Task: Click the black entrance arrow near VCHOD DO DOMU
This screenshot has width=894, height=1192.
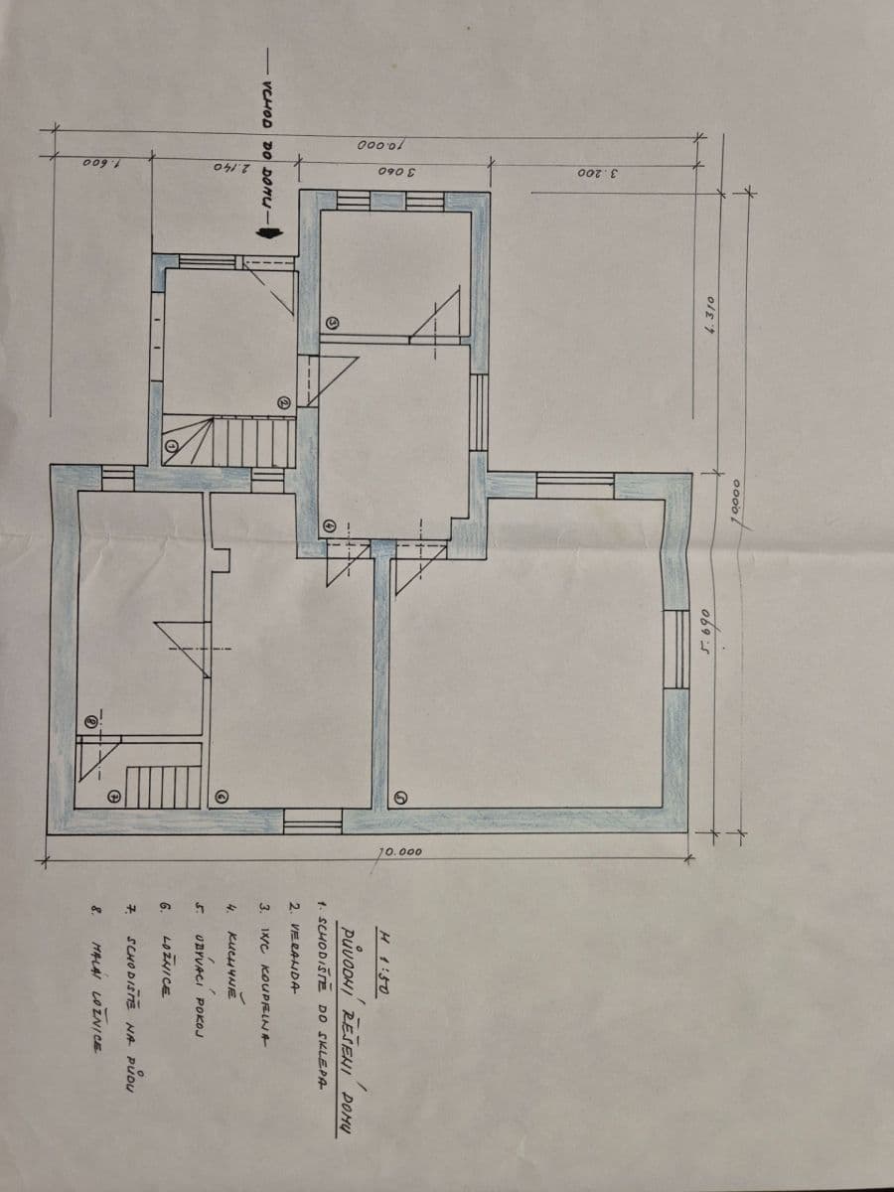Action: pyautogui.click(x=265, y=231)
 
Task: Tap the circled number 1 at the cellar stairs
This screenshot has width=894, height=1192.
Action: pyautogui.click(x=171, y=448)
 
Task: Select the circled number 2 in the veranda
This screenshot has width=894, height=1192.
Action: pyautogui.click(x=282, y=403)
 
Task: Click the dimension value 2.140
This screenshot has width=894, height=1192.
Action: pyautogui.click(x=227, y=166)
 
